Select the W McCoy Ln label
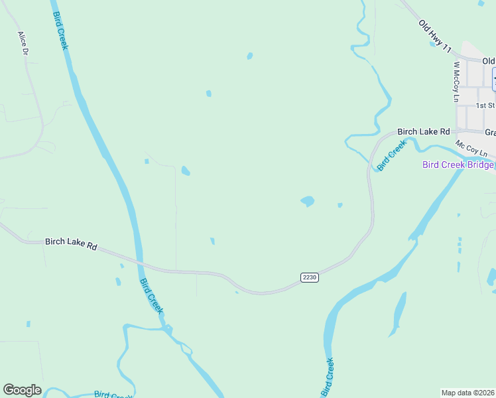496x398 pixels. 456,82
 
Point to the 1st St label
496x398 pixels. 485,105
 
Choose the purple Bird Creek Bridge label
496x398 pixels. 458,165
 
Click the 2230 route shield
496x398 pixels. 310,277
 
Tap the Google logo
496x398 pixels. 22,390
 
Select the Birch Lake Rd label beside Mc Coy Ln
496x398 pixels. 423,131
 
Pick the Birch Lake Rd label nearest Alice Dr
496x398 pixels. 71,243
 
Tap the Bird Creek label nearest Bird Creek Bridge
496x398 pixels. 391,156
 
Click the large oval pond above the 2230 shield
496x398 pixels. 307,200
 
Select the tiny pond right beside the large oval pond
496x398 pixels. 340,205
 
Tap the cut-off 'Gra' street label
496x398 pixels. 489,133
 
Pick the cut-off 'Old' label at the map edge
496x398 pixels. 489,61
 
